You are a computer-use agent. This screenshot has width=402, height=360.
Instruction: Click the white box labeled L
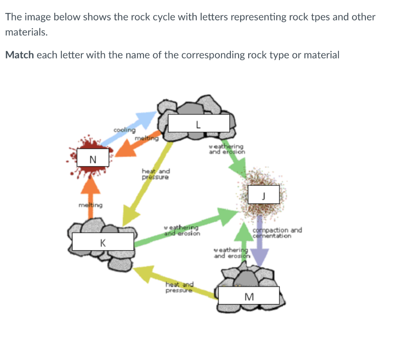(x=198, y=123)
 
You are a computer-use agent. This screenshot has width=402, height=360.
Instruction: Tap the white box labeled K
(x=103, y=242)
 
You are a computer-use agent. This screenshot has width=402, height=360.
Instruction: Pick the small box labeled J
(x=263, y=195)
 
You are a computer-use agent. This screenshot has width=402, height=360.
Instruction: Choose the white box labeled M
(x=249, y=296)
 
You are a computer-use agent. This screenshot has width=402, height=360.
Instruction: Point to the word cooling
(x=124, y=130)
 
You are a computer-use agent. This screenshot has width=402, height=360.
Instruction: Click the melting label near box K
(x=90, y=205)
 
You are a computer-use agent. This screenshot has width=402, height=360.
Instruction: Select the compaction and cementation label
(x=277, y=233)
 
